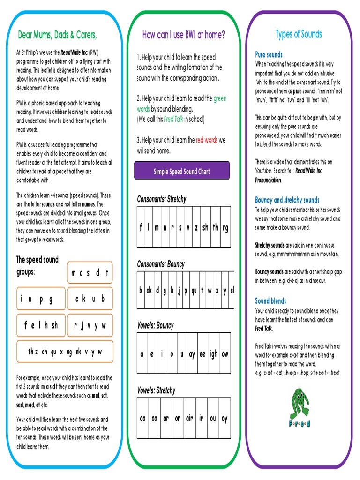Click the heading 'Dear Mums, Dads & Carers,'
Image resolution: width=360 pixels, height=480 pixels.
pos(58,35)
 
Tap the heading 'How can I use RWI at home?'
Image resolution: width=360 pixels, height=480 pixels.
pos(183,35)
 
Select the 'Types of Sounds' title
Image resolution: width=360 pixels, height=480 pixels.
pos(299,34)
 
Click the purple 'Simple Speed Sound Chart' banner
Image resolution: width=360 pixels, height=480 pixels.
pos(182,171)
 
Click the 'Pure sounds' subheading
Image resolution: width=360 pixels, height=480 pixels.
pos(269,55)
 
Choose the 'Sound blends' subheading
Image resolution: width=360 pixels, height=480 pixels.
pos(270,301)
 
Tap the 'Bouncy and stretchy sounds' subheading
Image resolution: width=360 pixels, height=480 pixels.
pos(287,200)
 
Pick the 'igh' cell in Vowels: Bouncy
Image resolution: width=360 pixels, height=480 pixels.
pos(214,354)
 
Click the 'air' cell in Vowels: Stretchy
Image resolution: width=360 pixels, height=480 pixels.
pos(189,419)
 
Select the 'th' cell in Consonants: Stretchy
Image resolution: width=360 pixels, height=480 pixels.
pos(216,228)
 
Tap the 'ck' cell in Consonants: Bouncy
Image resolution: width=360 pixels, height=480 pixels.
pos(149,291)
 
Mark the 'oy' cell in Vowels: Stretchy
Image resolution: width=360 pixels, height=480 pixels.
pos(224,419)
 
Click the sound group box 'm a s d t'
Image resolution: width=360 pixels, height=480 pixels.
pos(90,273)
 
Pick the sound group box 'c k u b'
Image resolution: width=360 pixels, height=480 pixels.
pos(90,299)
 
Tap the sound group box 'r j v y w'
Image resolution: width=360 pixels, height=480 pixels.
pos(90,325)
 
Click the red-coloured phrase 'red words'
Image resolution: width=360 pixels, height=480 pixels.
pos(207,140)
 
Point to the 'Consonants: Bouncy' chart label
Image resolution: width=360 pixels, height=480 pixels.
pos(161,264)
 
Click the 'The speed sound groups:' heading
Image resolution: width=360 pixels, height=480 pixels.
pos(37,265)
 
